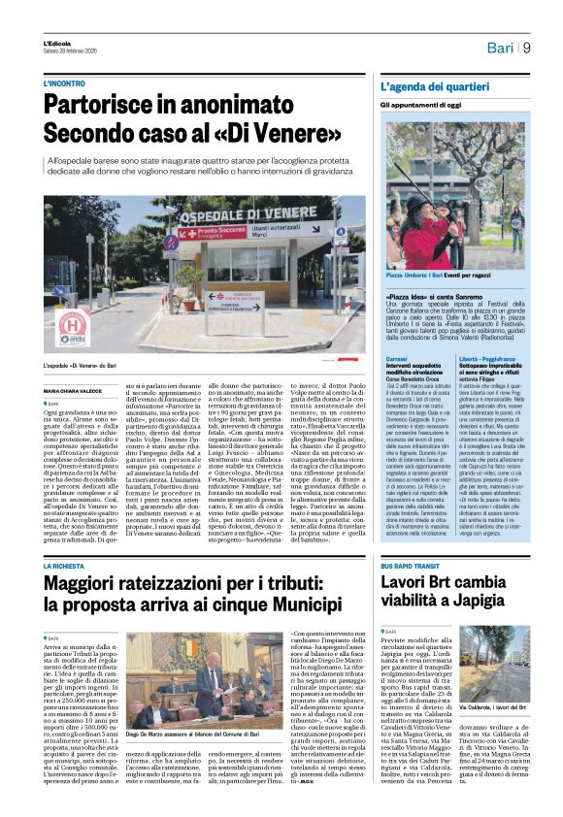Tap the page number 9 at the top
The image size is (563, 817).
526,47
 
